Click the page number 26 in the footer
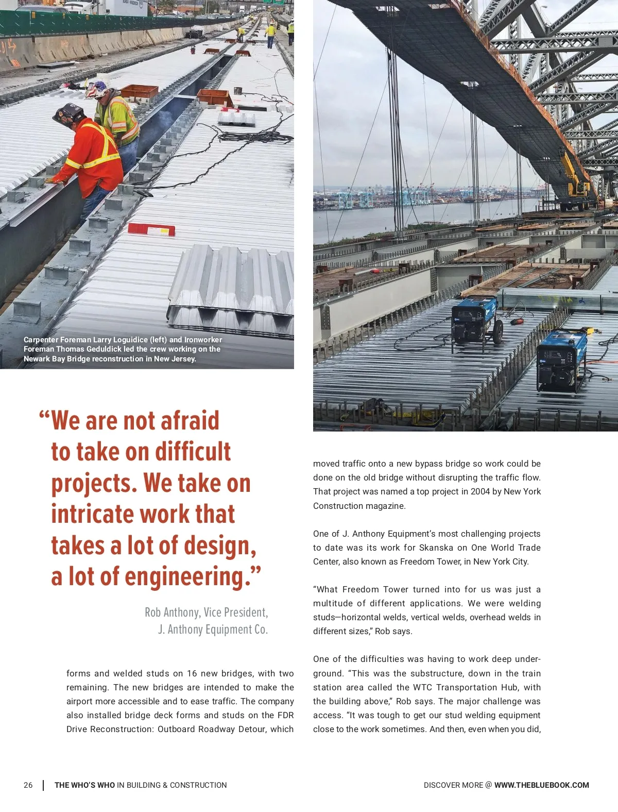pyautogui.click(x=28, y=785)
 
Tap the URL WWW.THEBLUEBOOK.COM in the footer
pyautogui.click(x=541, y=785)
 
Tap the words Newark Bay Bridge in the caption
pyautogui.click(x=57, y=359)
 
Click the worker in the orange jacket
pyautogui.click(x=90, y=155)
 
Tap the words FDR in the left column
pyautogui.click(x=285, y=715)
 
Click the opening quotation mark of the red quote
pyautogui.click(x=44, y=416)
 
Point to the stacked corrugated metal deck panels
pyautogui.click(x=232, y=289)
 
